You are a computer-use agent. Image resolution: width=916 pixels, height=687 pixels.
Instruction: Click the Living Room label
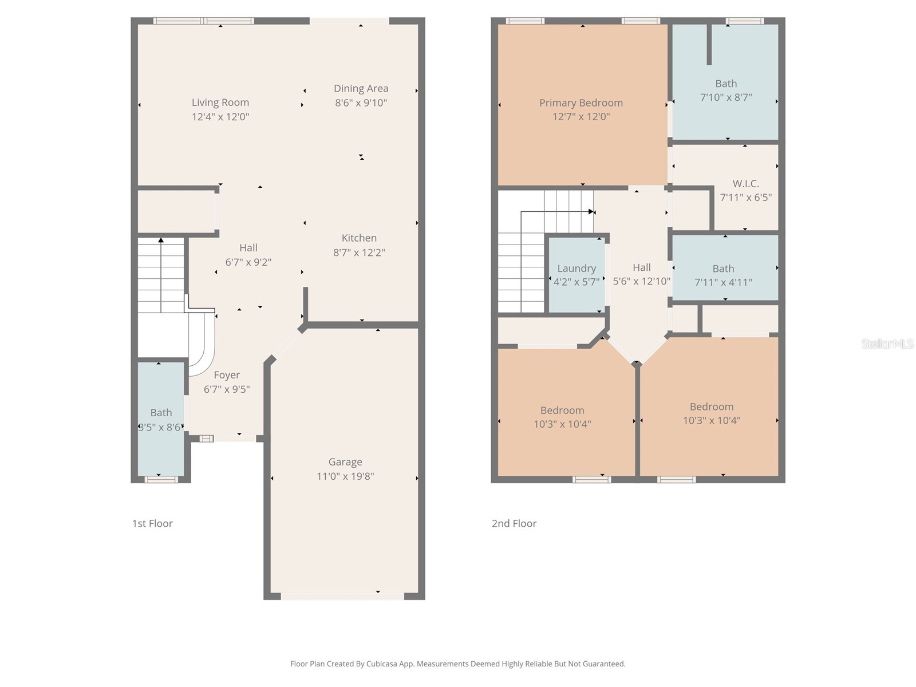(x=220, y=102)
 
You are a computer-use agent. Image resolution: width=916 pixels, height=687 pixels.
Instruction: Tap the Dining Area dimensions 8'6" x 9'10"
(x=361, y=103)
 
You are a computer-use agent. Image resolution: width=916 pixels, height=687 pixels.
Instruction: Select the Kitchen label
(x=359, y=238)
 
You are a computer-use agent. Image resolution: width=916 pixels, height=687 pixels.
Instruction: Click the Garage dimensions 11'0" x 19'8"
(x=345, y=476)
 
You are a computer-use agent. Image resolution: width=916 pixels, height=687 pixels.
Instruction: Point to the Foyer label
(x=227, y=376)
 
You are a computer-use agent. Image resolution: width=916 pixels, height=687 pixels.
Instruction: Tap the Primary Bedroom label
(x=581, y=103)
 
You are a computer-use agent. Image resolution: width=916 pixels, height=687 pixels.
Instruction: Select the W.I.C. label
(x=745, y=184)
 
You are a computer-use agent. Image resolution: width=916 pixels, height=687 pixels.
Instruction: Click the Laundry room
(x=577, y=275)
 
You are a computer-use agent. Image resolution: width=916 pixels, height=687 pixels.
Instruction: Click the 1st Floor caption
(x=152, y=523)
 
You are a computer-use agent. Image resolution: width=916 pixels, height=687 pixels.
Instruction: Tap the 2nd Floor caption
(x=514, y=523)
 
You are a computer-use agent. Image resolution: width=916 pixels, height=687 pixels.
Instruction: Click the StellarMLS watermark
(x=887, y=343)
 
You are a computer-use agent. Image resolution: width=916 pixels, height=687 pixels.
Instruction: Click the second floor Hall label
(x=641, y=267)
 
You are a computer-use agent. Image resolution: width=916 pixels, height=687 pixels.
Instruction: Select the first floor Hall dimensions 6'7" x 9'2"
(x=248, y=262)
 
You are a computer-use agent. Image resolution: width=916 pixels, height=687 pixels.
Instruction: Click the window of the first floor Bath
(x=161, y=479)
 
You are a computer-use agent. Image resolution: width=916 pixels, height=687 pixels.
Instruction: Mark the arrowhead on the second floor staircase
(x=591, y=212)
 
